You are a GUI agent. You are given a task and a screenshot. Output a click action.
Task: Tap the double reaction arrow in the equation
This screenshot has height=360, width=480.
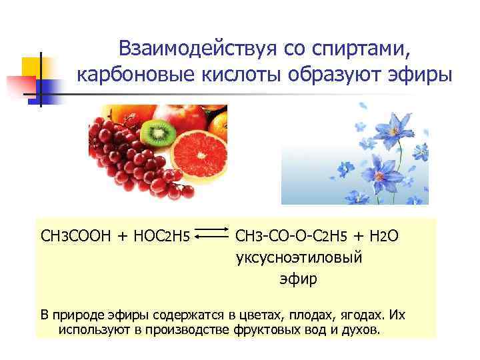click(x=213, y=235)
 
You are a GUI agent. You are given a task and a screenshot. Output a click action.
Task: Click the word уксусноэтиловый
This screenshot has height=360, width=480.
click(x=299, y=257)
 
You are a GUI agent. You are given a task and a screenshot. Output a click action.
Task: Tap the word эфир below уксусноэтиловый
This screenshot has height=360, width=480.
click(x=298, y=279)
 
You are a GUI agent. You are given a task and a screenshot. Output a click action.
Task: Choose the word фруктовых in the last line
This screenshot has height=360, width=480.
click(x=266, y=330)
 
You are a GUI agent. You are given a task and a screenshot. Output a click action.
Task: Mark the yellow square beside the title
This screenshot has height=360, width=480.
click(x=32, y=67)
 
